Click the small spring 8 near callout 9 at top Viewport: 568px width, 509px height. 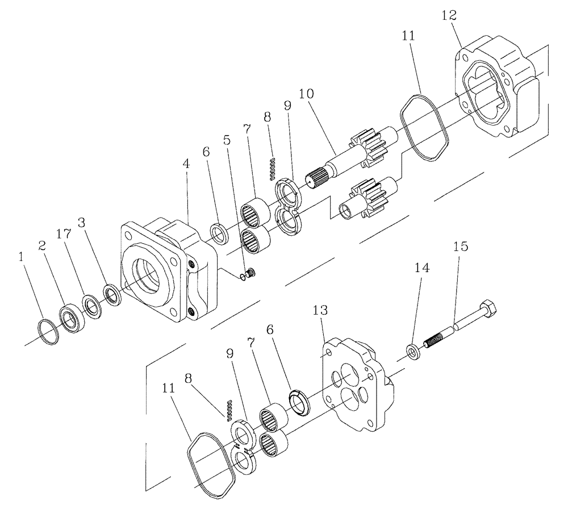point(272,166)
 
